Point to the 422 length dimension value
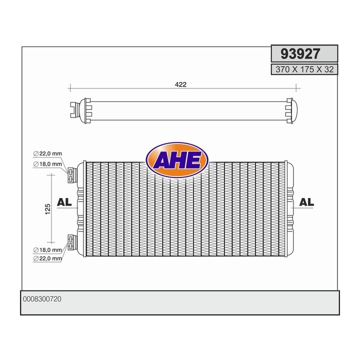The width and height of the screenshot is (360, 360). (x=180, y=84)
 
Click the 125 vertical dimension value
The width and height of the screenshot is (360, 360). (x=47, y=209)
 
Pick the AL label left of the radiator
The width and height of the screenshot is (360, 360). (x=64, y=202)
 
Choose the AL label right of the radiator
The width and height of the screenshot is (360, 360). (x=306, y=202)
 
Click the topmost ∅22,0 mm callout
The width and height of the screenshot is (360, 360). (x=47, y=154)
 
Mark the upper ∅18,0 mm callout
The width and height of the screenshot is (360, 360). (x=47, y=163)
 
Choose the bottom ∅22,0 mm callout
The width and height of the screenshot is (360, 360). (x=47, y=258)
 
